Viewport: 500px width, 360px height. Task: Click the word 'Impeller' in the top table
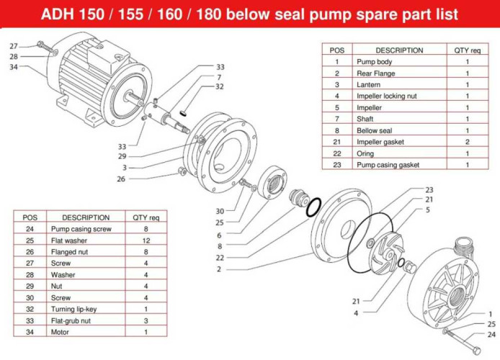pyautogui.click(x=369, y=107)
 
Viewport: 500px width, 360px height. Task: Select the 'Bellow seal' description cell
pyautogui.click(x=374, y=130)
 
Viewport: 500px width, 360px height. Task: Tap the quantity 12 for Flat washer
pyautogui.click(x=146, y=240)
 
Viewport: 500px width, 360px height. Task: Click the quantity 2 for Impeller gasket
pyautogui.click(x=467, y=142)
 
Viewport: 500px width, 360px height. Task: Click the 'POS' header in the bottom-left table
pyautogui.click(x=30, y=217)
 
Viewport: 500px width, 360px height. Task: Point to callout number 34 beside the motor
pyautogui.click(x=14, y=68)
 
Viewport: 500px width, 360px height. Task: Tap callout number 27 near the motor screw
pyautogui.click(x=14, y=46)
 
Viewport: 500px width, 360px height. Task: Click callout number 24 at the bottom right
pyautogui.click(x=491, y=334)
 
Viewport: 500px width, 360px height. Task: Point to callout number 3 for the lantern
pyautogui.click(x=124, y=168)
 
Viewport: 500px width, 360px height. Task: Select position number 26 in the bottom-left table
pyautogui.click(x=30, y=251)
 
